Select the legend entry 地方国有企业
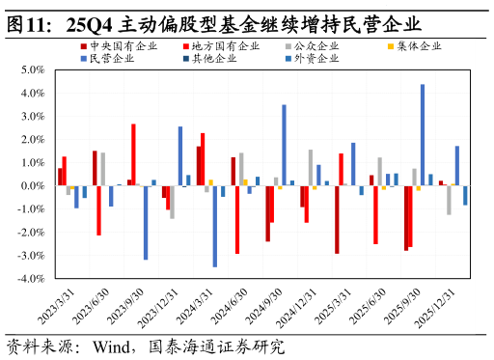tap(226, 46)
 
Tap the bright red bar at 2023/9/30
tap(133, 154)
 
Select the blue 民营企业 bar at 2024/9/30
tap(284, 145)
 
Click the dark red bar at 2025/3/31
tap(337, 219)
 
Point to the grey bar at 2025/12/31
tap(449, 200)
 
